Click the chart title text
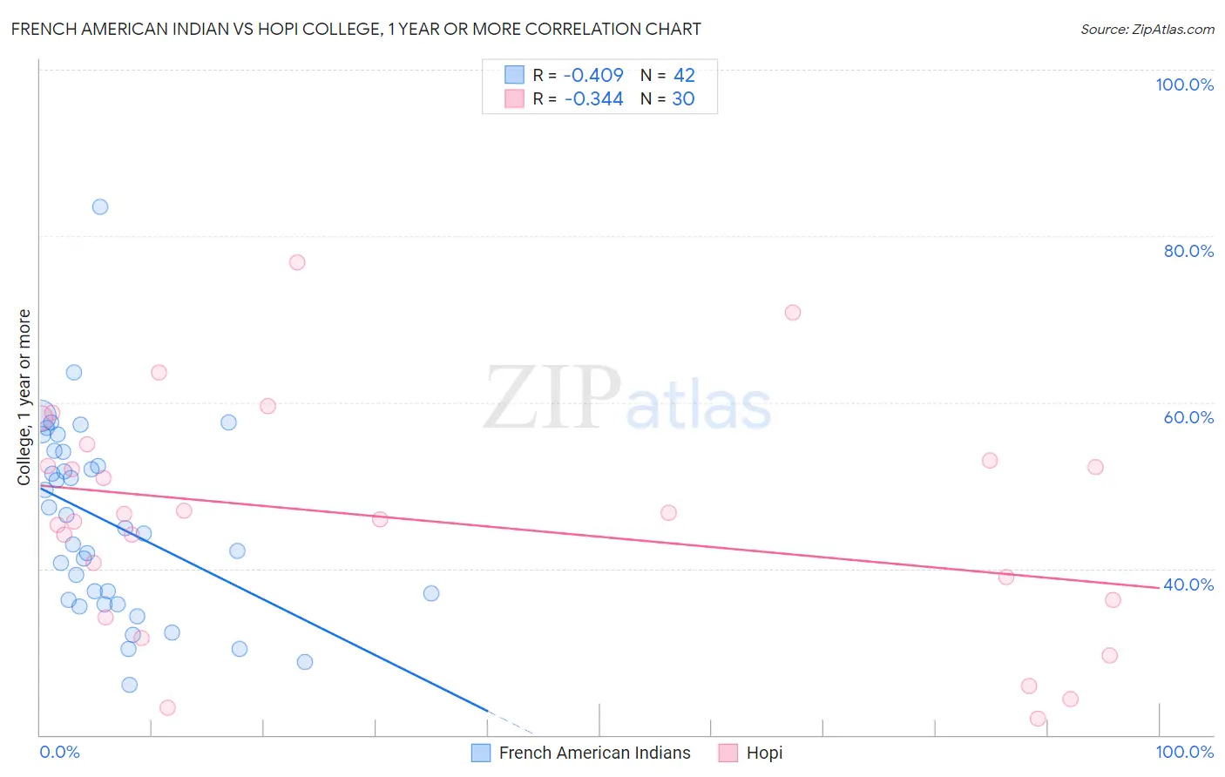tap(355, 30)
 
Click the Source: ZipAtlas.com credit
tap(1147, 30)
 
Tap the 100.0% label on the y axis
tap(1184, 85)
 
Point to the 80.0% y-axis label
tap(1188, 252)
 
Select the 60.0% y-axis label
tap(1188, 418)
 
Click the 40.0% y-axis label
tap(1188, 584)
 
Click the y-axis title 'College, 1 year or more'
tap(24, 397)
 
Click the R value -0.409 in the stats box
tap(593, 76)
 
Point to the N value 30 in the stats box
tap(683, 99)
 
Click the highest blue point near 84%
tap(100, 207)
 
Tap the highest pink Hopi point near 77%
tap(297, 262)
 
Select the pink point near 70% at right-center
tap(793, 313)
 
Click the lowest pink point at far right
tap(1038, 719)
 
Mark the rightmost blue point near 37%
tap(431, 593)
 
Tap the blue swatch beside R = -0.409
tap(515, 76)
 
